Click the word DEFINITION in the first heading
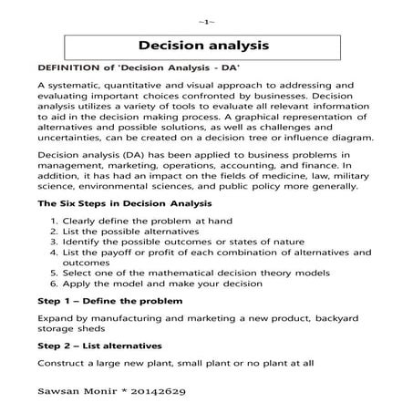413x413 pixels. pos(67,67)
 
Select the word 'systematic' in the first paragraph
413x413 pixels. pos(78,86)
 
